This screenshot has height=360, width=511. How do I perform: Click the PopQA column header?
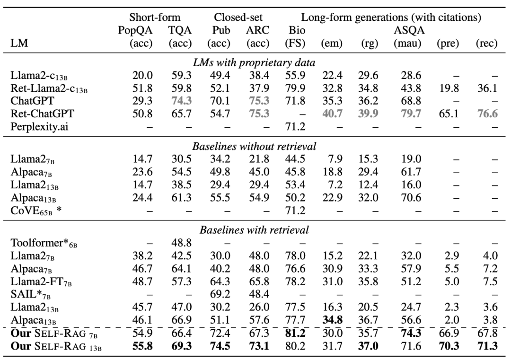135,30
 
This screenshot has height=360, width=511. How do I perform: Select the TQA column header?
180,30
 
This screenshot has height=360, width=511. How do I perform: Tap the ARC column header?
257,30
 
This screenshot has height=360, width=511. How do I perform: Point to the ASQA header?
409,30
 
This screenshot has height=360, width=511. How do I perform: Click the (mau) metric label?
407,44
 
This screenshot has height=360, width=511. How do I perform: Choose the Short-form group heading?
154,18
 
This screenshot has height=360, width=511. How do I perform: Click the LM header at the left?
19,43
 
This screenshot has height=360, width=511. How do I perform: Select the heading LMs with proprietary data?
254,62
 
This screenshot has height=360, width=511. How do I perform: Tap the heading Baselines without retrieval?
254,146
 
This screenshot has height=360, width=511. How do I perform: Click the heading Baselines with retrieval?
254,230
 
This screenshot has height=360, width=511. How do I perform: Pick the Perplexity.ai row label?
39,126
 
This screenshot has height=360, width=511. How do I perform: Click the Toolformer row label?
44,243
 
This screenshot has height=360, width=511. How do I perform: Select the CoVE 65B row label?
36,211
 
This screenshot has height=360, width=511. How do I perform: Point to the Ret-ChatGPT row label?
43,114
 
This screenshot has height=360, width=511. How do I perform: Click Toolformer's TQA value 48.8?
182,243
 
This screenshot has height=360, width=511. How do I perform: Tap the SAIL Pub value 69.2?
220,294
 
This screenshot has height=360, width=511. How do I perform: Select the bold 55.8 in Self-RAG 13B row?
142,346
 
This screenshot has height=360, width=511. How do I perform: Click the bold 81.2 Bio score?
295,333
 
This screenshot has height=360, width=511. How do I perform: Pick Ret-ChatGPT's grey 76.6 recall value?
487,114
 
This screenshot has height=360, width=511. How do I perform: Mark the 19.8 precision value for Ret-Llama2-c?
449,88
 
